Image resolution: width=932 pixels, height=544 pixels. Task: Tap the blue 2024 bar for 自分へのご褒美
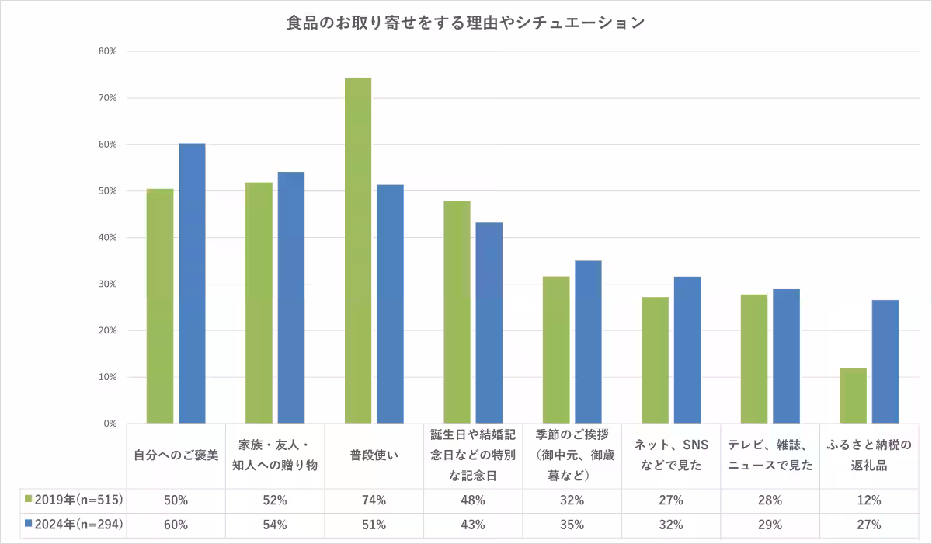pos(192,284)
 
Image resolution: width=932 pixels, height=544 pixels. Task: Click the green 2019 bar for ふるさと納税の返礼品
pos(853,396)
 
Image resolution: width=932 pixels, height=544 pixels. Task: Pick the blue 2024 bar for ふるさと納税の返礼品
pos(885,362)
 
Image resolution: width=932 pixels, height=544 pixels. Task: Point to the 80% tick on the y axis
pos(106,51)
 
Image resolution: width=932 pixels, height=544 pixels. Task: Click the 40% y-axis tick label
pos(106,238)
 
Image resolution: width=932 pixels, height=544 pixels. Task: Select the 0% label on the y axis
pos(109,424)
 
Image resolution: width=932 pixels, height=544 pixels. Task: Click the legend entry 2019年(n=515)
pos(75,500)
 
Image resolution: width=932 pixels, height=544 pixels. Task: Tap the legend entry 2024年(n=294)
pos(75,525)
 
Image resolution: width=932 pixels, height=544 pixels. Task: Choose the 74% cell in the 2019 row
pos(374,500)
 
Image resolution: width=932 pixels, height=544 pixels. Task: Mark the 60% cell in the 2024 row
pos(176,525)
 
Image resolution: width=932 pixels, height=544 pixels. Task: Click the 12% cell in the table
pos(869,500)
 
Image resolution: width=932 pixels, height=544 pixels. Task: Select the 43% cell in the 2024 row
pos(473,525)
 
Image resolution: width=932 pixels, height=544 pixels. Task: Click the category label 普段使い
pos(374,455)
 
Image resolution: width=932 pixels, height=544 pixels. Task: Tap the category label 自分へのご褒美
pos(176,455)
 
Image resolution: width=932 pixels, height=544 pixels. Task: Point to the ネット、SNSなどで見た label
pos(671,455)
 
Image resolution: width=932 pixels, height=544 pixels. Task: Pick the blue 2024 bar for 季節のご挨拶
pos(588,342)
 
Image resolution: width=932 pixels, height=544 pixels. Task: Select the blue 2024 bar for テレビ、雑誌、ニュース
pos(786,357)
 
